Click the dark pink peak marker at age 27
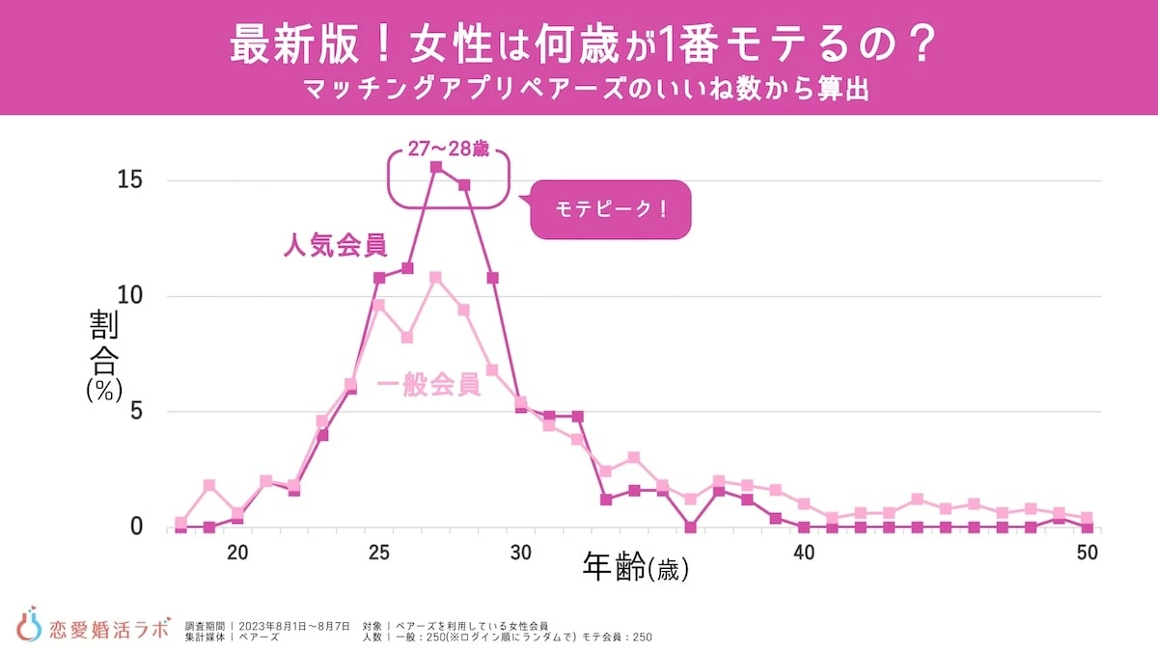click(x=436, y=167)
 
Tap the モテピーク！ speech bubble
click(x=612, y=208)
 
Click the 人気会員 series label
click(x=335, y=246)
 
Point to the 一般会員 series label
click(x=428, y=385)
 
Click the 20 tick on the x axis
click(x=237, y=553)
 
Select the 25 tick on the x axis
click(x=379, y=553)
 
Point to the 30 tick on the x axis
click(x=521, y=553)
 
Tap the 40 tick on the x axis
click(x=804, y=553)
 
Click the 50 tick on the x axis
click(x=1088, y=553)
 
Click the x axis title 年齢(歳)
click(x=635, y=569)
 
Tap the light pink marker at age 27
click(x=436, y=278)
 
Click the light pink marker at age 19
click(x=209, y=485)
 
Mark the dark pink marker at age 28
click(x=464, y=184)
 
